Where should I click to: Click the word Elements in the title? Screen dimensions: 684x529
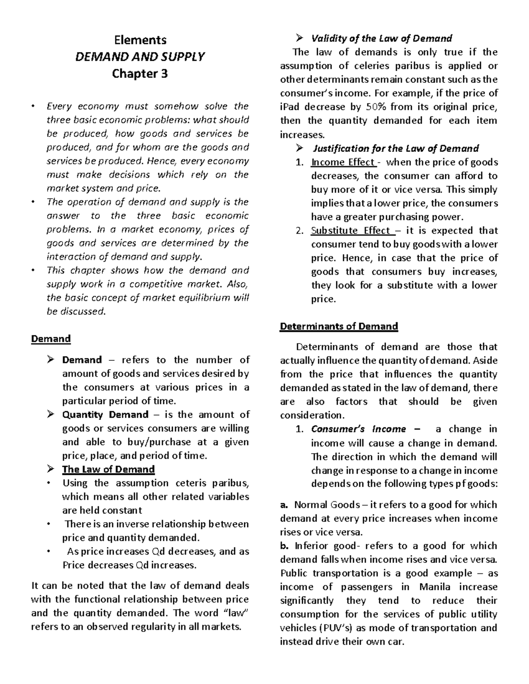[x=140, y=40]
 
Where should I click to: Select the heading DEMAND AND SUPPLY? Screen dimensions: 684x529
[x=140, y=57]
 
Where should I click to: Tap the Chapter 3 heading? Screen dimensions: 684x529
[x=140, y=74]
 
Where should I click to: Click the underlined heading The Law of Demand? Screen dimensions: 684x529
[x=108, y=469]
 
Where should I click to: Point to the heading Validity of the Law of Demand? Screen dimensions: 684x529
[x=382, y=38]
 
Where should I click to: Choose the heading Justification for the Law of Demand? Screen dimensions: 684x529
[x=395, y=148]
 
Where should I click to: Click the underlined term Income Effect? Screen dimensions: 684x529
[x=343, y=162]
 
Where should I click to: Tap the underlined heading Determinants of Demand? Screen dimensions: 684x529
[x=339, y=326]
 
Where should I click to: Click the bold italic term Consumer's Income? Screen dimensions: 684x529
[x=358, y=429]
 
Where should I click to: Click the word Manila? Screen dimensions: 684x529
[x=435, y=587]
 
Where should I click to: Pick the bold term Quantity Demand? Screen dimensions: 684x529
[x=105, y=415]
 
